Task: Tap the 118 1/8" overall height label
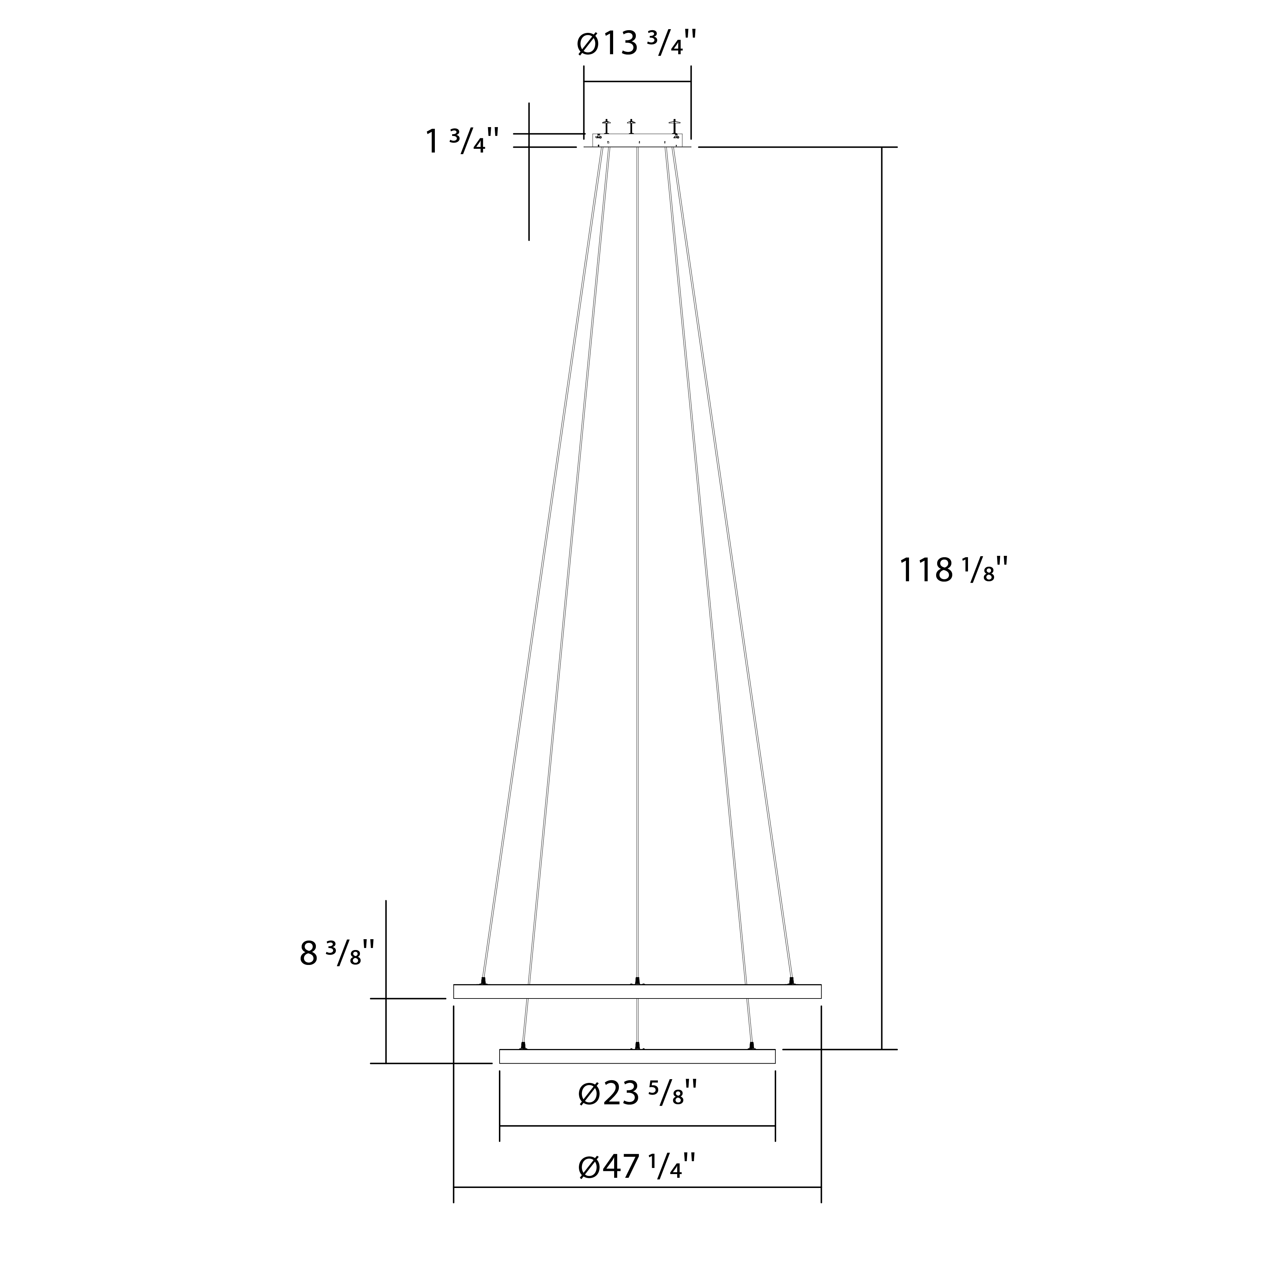tap(953, 570)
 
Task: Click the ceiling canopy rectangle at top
tap(638, 140)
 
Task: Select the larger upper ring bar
tap(638, 991)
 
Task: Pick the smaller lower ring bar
tap(638, 1056)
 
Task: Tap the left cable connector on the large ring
tap(484, 981)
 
